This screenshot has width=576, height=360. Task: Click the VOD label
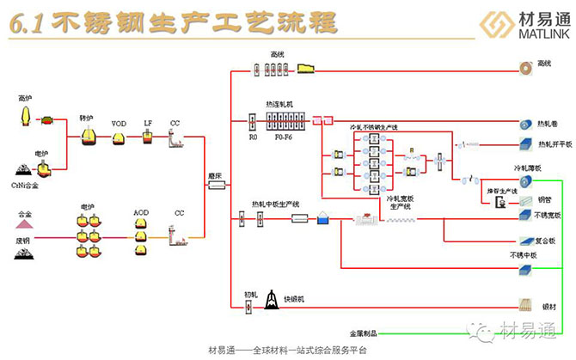pyautogui.click(x=119, y=124)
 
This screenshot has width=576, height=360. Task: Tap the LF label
pyautogui.click(x=147, y=124)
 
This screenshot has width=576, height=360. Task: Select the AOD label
pyautogui.click(x=141, y=211)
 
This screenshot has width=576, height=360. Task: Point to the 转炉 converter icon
pyautogui.click(x=88, y=136)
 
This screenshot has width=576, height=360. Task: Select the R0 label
pyautogui.click(x=253, y=137)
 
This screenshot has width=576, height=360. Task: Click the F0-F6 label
pyautogui.click(x=284, y=137)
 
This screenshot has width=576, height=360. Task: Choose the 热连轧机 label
pyautogui.click(x=280, y=104)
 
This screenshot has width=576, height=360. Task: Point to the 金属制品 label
pyautogui.click(x=363, y=333)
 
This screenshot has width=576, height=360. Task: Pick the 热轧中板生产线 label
pyautogui.click(x=275, y=204)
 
